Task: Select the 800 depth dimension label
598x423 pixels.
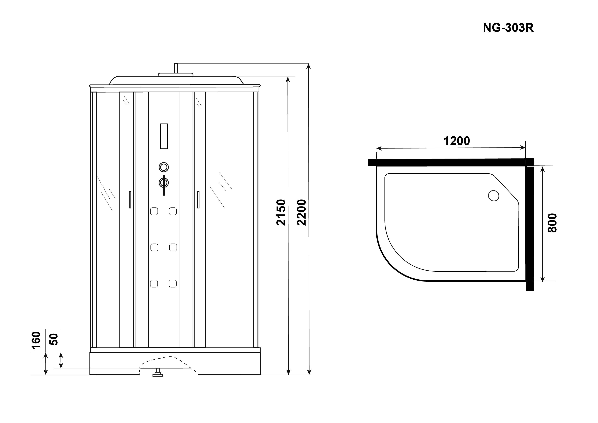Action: [552, 223]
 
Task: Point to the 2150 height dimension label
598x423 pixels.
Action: [281, 212]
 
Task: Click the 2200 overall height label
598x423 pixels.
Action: [301, 212]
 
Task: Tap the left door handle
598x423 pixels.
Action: [130, 200]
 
